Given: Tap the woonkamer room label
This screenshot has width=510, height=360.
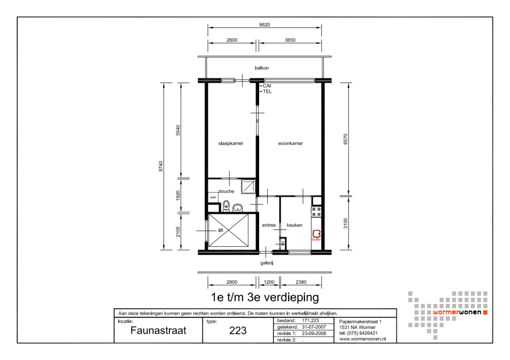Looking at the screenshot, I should coord(290,143).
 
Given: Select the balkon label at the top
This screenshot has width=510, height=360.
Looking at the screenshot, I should coord(262,68).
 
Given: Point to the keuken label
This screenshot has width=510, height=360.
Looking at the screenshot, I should coord(294,225).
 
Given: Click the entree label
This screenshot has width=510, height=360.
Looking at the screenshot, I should coord(269,225).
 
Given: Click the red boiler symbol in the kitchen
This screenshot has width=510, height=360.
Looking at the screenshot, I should coord(316,234).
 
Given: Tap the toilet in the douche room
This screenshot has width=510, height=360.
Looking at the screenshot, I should coord(226,207).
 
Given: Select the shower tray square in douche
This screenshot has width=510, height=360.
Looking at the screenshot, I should coord(248,187).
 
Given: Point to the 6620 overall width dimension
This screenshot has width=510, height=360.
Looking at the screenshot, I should coord(264,24).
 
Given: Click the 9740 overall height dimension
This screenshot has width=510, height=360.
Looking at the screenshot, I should coord(161,166).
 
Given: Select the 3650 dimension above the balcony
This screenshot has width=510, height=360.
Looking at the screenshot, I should coord(290,40).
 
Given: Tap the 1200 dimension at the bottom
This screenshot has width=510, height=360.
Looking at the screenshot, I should coord(268,281).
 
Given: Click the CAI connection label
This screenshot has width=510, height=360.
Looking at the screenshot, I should coord(267,86).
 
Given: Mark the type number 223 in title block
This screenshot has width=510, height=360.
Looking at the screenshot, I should coord(238,330).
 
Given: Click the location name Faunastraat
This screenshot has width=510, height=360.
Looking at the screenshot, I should coord(158,330).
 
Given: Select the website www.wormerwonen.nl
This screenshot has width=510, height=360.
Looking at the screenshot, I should coord(362,339).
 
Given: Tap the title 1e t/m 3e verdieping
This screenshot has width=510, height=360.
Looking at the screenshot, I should coord(265,296).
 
